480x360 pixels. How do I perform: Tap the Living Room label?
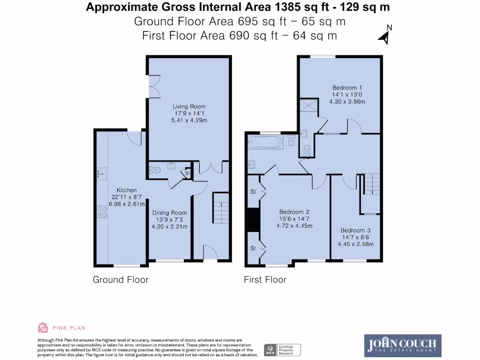point(189,106)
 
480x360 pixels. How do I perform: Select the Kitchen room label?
point(127,190)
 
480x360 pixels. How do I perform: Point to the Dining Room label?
point(169,212)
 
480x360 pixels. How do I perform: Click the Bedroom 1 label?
point(347,87)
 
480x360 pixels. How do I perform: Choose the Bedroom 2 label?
point(294,211)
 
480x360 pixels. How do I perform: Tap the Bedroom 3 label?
point(355,230)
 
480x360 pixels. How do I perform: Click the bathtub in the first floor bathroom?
point(265,141)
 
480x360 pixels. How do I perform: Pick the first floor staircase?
point(372,183)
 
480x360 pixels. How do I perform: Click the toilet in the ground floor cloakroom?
point(155,169)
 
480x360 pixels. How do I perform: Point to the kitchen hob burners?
point(101,211)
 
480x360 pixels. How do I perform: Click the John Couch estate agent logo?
point(403,345)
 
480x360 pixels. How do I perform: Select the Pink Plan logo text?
point(68,328)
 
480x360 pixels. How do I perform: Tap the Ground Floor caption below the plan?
point(120,280)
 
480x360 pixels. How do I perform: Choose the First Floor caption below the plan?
point(265,280)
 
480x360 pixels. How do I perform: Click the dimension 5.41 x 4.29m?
point(189,120)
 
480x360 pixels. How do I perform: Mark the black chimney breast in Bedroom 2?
point(253,219)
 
